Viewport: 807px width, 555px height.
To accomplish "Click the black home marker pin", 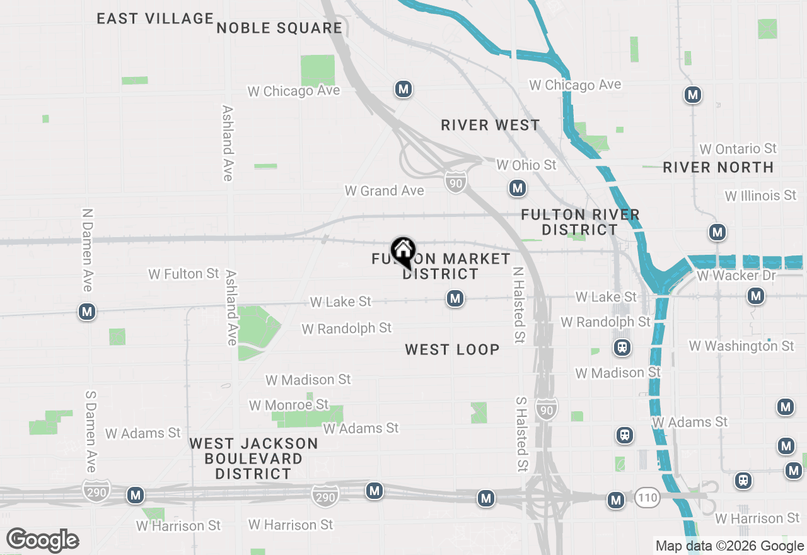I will pyautogui.click(x=403, y=252).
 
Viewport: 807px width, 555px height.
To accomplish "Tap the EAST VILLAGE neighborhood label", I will pyautogui.click(x=155, y=18).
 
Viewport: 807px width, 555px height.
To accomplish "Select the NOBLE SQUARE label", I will pyautogui.click(x=279, y=28).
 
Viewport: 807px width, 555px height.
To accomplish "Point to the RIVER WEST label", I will pyautogui.click(x=491, y=125).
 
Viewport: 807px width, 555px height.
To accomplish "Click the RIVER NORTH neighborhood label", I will pyautogui.click(x=718, y=167).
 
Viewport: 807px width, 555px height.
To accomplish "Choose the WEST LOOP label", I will pyautogui.click(x=452, y=349).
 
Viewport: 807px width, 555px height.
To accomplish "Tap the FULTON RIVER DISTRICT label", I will pyautogui.click(x=581, y=222).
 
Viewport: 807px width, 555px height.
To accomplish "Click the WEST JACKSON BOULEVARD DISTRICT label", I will pyautogui.click(x=253, y=459).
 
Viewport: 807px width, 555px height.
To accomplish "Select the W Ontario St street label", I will pyautogui.click(x=738, y=149).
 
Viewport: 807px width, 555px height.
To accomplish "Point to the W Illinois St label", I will pyautogui.click(x=760, y=196).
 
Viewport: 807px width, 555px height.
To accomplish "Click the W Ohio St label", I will pyautogui.click(x=526, y=165).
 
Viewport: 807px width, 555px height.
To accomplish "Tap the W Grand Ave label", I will pyautogui.click(x=384, y=190).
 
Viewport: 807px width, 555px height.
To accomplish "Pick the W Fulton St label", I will pyautogui.click(x=183, y=274).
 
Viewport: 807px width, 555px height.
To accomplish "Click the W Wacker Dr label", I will pyautogui.click(x=737, y=276).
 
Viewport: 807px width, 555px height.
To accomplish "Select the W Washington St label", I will pyautogui.click(x=741, y=346).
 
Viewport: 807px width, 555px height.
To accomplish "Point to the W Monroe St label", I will pyautogui.click(x=289, y=404).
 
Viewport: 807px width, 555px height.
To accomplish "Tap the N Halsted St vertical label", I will pyautogui.click(x=518, y=305).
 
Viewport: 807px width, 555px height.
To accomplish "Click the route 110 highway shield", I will pyautogui.click(x=647, y=498).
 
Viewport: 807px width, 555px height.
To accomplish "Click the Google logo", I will pyautogui.click(x=42, y=540).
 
